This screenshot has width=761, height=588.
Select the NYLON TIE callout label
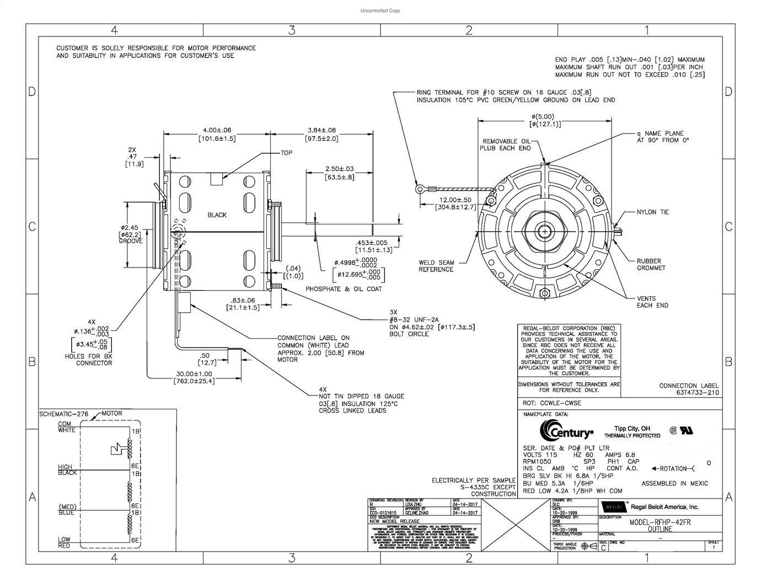point(652,212)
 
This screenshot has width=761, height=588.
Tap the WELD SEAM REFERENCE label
point(436,266)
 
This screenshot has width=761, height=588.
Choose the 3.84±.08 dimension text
point(322,130)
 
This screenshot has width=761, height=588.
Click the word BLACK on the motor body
point(217,215)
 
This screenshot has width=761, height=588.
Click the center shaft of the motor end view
point(545,232)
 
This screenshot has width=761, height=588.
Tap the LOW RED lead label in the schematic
point(65,542)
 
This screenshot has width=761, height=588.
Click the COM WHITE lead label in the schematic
point(67,427)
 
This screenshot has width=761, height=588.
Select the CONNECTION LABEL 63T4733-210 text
point(689,389)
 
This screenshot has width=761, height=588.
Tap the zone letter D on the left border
point(32,92)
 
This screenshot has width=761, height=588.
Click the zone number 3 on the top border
point(292,30)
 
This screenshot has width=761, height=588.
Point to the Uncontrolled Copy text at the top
point(380,10)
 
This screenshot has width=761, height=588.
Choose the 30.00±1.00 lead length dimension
point(194,377)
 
